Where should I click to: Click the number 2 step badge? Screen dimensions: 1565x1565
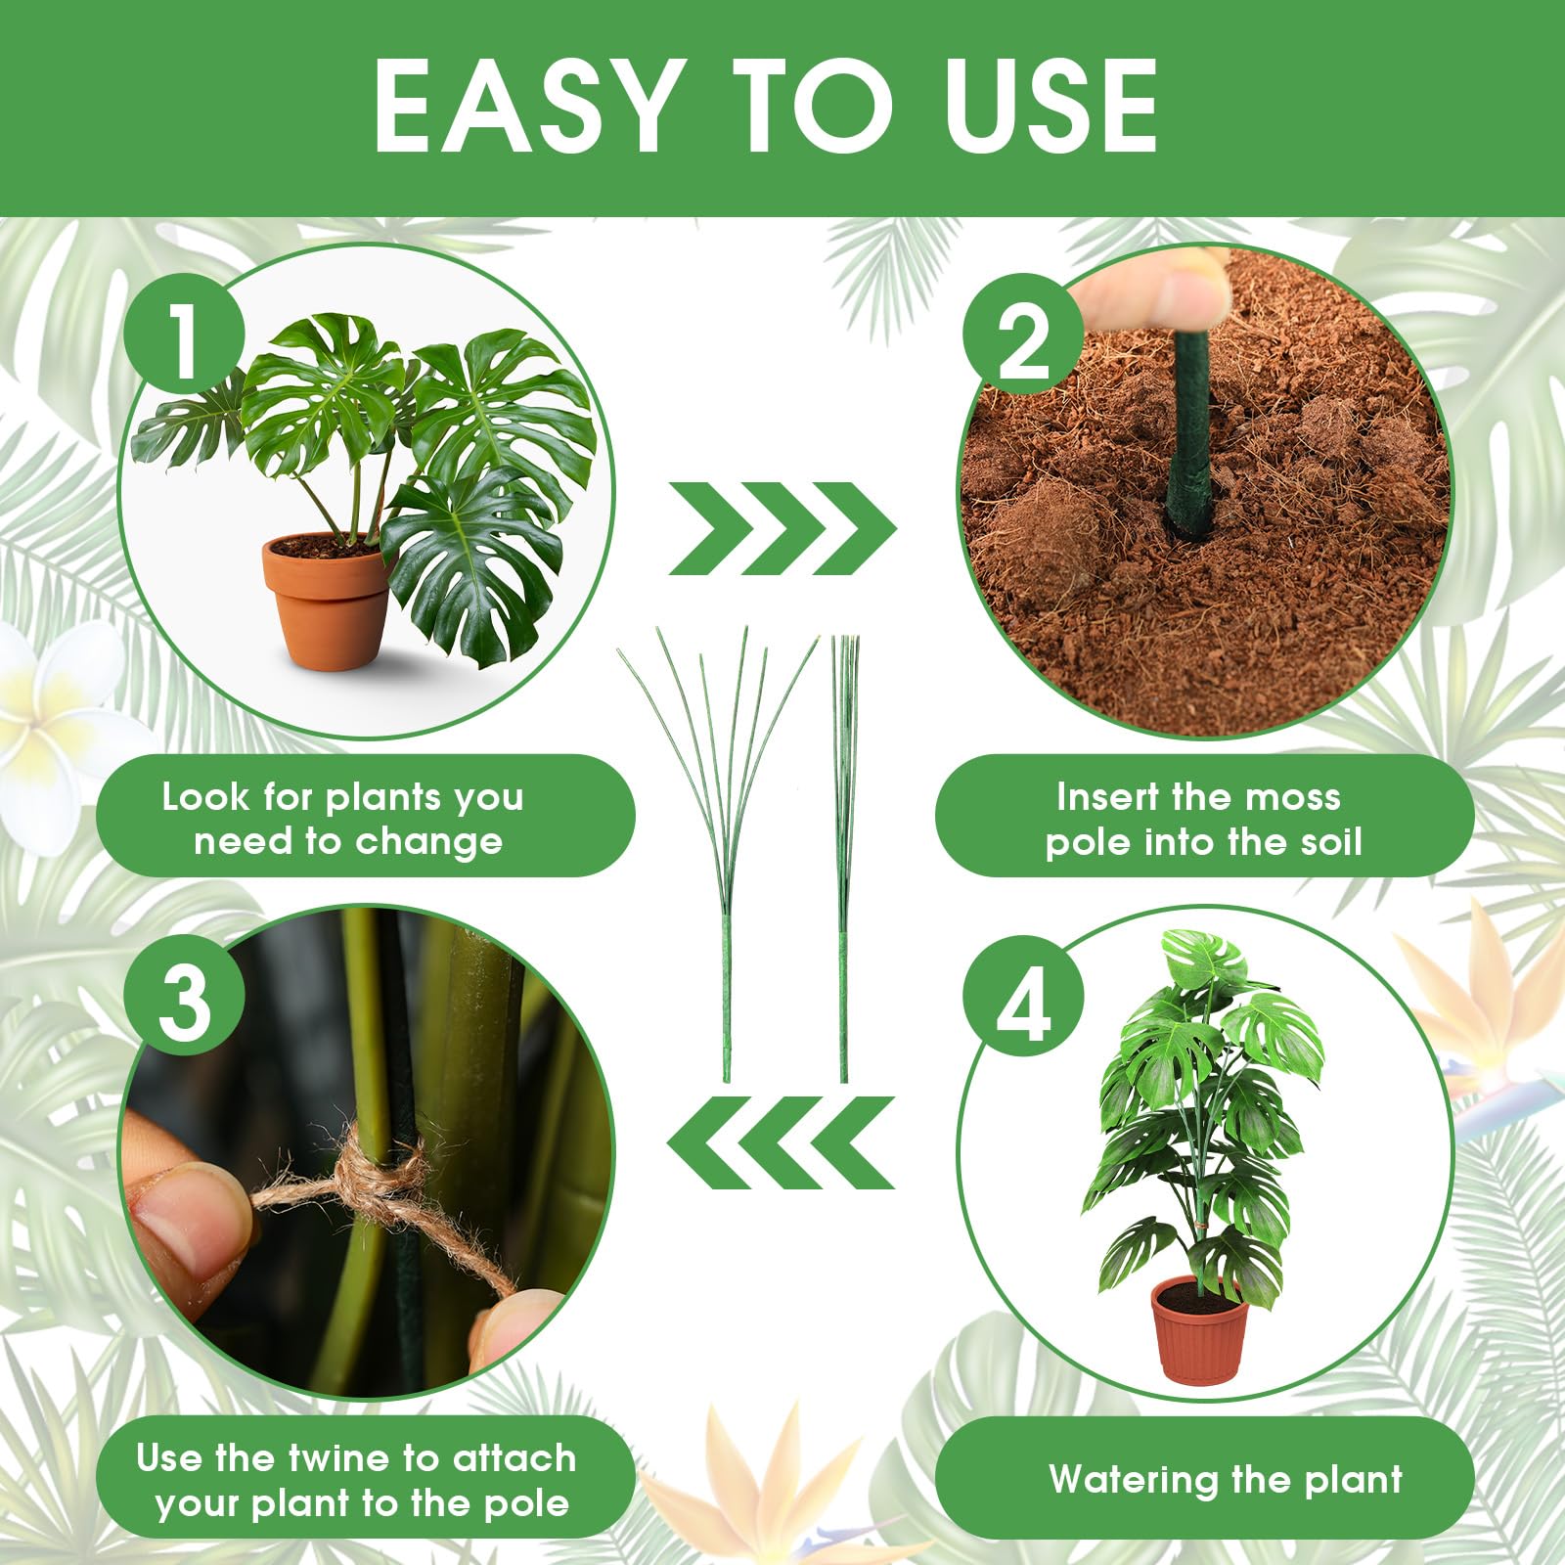(1023, 339)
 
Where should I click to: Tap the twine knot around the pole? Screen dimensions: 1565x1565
(377, 1169)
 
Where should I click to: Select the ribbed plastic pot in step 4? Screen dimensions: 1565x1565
(1200, 1330)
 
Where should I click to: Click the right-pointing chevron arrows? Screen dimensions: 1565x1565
(782, 528)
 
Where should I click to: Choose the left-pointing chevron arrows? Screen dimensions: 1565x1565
(782, 1142)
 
